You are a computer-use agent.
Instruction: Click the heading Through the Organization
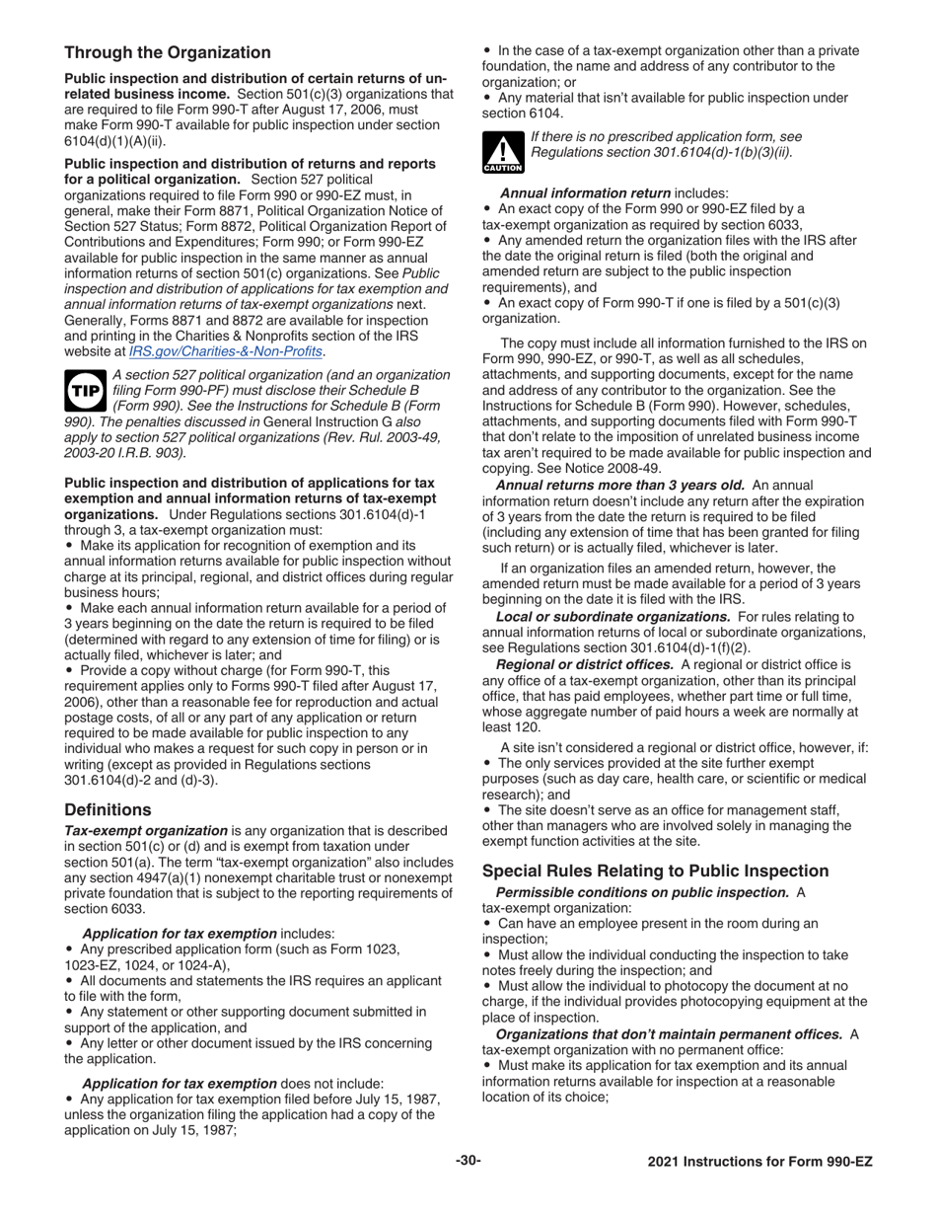(x=167, y=52)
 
